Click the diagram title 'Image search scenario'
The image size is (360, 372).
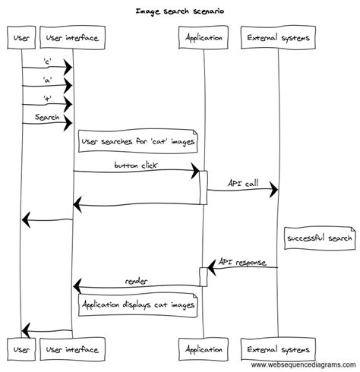(179, 11)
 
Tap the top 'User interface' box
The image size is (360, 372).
(72, 36)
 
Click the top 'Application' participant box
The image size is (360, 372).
(203, 36)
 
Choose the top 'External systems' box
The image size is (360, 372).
(277, 36)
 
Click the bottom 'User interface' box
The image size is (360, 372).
(72, 350)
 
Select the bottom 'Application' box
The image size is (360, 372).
(203, 350)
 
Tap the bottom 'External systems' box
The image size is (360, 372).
(277, 350)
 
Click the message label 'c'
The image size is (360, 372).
(47, 62)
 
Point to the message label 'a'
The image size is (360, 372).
(47, 80)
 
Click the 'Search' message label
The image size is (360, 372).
(47, 117)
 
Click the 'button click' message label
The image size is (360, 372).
(136, 165)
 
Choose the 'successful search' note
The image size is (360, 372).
(319, 239)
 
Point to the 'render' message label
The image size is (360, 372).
(137, 281)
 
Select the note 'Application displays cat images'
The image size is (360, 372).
(137, 305)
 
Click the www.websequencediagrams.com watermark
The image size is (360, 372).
(303, 365)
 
